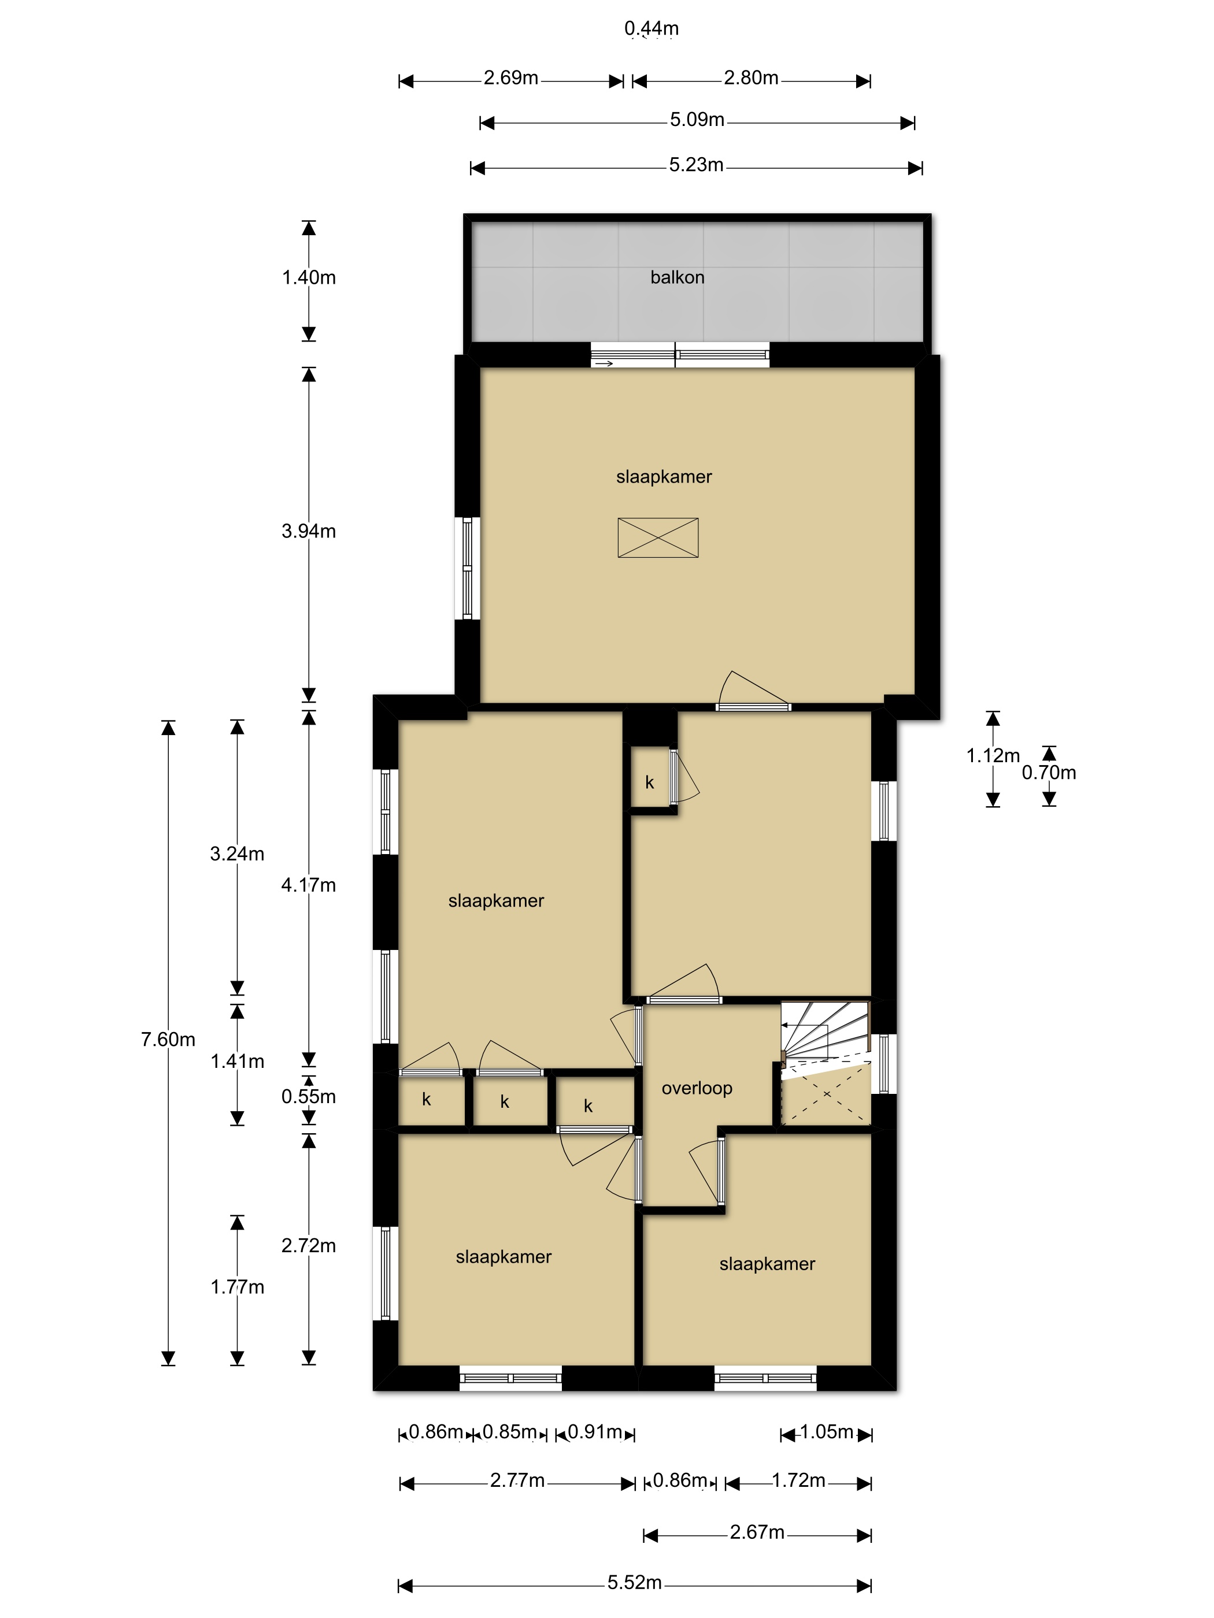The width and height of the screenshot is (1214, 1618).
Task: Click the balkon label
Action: [x=677, y=277]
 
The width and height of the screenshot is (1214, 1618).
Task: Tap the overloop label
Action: [x=697, y=1088]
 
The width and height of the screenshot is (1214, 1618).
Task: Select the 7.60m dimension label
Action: [x=168, y=1040]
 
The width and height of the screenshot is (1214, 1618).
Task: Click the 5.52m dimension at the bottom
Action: [x=634, y=1583]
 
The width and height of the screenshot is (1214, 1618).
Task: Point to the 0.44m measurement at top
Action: [x=652, y=28]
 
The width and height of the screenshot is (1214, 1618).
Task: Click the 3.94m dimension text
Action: [x=308, y=531]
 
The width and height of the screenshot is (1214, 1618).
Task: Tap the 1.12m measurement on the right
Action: [x=992, y=756]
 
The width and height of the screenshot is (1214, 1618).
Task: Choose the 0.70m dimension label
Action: [x=1049, y=773]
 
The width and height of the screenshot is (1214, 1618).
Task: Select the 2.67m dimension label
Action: [x=757, y=1532]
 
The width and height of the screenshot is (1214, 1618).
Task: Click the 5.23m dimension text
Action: [x=696, y=165]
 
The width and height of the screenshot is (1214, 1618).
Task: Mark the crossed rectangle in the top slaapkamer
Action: [x=658, y=537]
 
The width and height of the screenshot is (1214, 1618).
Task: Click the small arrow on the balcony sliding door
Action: [x=605, y=363]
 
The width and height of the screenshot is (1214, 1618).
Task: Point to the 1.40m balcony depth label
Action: [x=309, y=277]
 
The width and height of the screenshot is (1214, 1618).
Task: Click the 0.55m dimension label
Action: [x=308, y=1096]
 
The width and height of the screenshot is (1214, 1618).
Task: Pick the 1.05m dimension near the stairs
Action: [x=826, y=1432]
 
